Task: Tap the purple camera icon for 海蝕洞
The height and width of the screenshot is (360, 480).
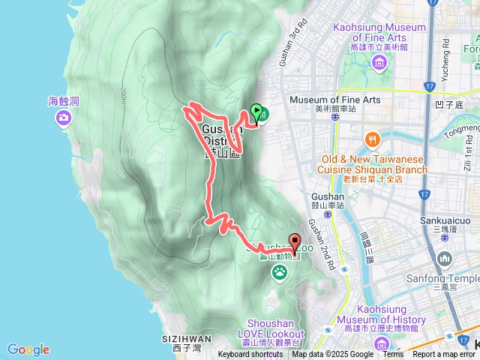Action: (63, 117)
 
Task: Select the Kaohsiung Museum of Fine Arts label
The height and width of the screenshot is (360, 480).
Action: (379, 33)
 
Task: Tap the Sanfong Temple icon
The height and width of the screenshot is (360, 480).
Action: (445, 259)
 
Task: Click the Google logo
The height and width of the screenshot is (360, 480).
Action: (28, 349)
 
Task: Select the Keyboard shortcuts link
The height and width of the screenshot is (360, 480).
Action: (250, 355)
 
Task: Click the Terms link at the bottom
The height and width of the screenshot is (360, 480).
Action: (393, 355)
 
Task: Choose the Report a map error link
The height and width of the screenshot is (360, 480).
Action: (445, 355)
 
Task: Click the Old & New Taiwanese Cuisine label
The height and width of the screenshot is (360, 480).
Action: (373, 164)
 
